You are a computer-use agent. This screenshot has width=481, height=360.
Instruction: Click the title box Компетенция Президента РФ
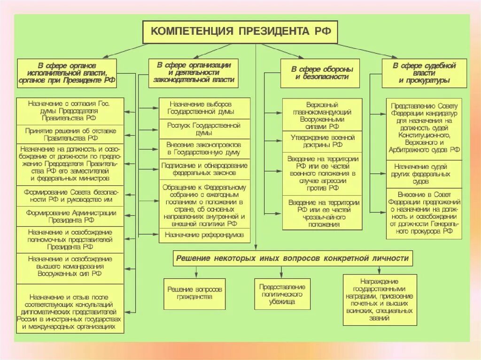pos(240,32)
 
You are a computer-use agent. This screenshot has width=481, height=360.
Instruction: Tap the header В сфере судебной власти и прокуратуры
pos(424,73)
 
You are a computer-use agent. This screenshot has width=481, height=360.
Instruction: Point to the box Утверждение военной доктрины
pos(322,142)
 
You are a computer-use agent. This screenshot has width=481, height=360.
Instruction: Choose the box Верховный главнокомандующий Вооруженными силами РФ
pos(322,115)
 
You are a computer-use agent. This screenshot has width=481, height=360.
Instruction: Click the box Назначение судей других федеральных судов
pos(424,174)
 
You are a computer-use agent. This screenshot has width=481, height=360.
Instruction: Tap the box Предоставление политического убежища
pos(282,294)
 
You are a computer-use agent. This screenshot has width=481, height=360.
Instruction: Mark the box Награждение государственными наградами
pos(380,300)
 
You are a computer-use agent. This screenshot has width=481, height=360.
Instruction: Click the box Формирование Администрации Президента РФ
pos(70,216)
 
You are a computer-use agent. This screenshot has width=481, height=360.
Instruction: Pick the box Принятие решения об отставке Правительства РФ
pos(70,135)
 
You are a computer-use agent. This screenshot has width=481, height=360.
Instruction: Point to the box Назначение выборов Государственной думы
pos(204,108)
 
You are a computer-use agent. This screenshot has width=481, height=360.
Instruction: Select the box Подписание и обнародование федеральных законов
pos(204,169)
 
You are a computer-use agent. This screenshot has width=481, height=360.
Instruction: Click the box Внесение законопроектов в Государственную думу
pos(204,149)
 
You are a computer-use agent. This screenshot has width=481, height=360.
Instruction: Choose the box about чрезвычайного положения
pos(322,213)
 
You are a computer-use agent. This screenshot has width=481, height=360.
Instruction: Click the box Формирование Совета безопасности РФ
pos(70,196)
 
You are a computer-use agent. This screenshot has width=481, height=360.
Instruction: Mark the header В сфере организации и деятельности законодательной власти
pos(194,73)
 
